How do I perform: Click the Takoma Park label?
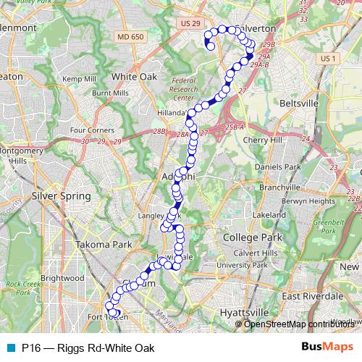coord(104,245)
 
